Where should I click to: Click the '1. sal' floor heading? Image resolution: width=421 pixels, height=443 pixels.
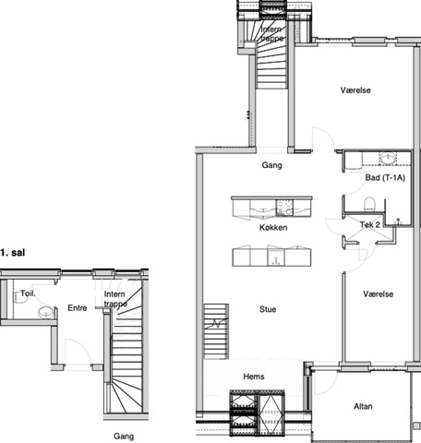[x=13, y=253]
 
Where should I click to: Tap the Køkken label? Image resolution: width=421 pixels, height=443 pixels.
[x=273, y=227]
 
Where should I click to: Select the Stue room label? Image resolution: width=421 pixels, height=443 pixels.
[x=268, y=309]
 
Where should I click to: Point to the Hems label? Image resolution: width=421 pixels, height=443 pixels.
[x=254, y=377]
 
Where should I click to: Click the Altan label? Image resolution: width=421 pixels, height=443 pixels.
[x=363, y=406]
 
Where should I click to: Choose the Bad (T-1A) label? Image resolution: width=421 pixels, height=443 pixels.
[x=385, y=177]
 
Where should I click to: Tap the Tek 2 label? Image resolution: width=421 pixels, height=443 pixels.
[x=370, y=224]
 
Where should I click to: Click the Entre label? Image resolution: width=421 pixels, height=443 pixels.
[x=78, y=308]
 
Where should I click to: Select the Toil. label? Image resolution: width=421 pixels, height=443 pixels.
[x=28, y=293]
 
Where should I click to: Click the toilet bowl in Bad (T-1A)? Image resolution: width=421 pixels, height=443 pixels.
[x=369, y=204]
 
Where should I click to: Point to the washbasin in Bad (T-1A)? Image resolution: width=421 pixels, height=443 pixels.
[x=388, y=159]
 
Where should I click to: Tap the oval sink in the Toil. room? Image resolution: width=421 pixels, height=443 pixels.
[x=46, y=313]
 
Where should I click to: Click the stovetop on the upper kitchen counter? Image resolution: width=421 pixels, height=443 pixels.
[x=284, y=207]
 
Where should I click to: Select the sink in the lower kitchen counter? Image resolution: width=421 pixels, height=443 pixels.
[x=277, y=257]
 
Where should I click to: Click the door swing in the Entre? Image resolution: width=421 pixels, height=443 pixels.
[x=78, y=351]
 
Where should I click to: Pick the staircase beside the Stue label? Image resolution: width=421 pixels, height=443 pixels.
[x=216, y=331]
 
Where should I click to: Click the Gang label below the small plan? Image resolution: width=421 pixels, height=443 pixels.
[x=124, y=437]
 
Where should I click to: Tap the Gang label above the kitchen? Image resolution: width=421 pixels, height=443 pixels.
[x=271, y=165]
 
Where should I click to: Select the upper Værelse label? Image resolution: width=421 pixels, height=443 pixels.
[x=355, y=90]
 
